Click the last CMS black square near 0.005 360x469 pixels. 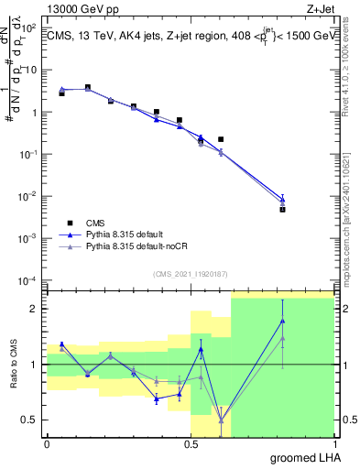(x=283, y=209)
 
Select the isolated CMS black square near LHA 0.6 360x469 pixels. (x=221, y=139)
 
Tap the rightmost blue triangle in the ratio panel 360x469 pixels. (x=283, y=321)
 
